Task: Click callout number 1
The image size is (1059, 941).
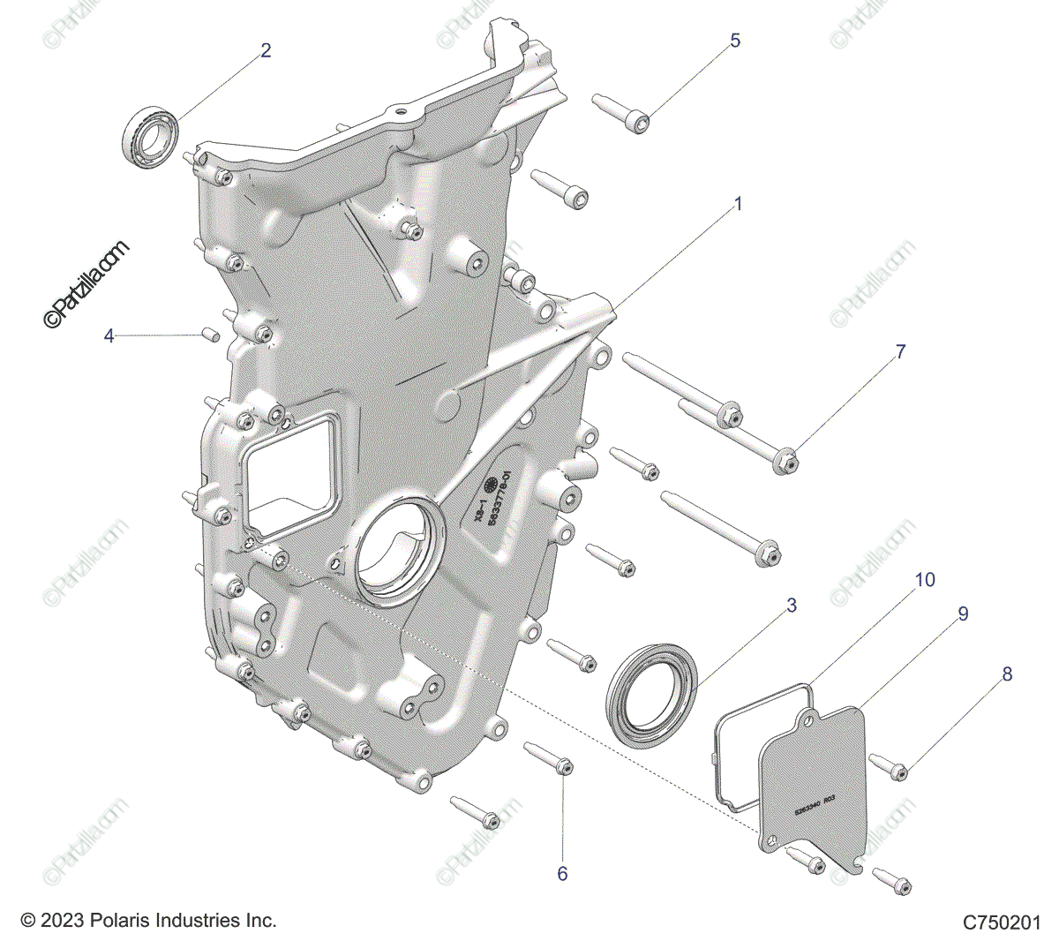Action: (738, 205)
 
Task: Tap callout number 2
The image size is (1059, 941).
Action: (266, 51)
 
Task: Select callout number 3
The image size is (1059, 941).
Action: (792, 606)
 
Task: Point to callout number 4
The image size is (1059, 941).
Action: (109, 336)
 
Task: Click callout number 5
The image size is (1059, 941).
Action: (735, 41)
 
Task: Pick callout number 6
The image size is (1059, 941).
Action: (562, 873)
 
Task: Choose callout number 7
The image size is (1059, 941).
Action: (900, 352)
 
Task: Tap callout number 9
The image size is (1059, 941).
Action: (963, 614)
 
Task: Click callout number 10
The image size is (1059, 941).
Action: (925, 580)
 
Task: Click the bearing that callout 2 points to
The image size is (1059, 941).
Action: (150, 133)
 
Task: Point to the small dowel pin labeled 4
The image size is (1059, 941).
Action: (210, 334)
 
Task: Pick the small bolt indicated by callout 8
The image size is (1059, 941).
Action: (890, 766)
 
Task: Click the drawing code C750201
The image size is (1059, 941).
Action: (1003, 922)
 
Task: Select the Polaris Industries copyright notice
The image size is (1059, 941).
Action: (148, 921)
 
